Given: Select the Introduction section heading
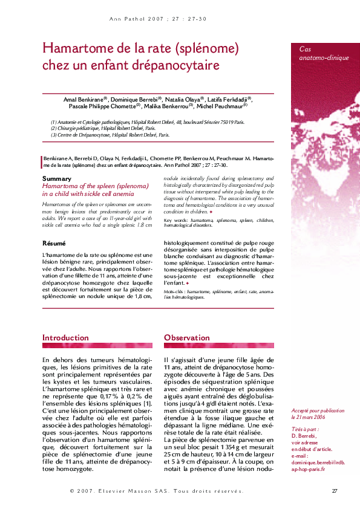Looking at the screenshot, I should pyautogui.click(x=65, y=337).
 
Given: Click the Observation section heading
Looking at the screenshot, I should pyautogui.click(x=187, y=337).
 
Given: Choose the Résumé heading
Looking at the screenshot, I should pyautogui.click(x=54, y=243).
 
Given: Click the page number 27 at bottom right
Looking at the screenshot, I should pyautogui.click(x=335, y=490).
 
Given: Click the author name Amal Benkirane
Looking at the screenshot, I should pyautogui.click(x=85, y=99).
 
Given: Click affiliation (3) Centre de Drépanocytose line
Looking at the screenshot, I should pyautogui.click(x=110, y=135).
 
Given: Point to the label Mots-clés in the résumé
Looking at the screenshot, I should pyautogui.click(x=174, y=292).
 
